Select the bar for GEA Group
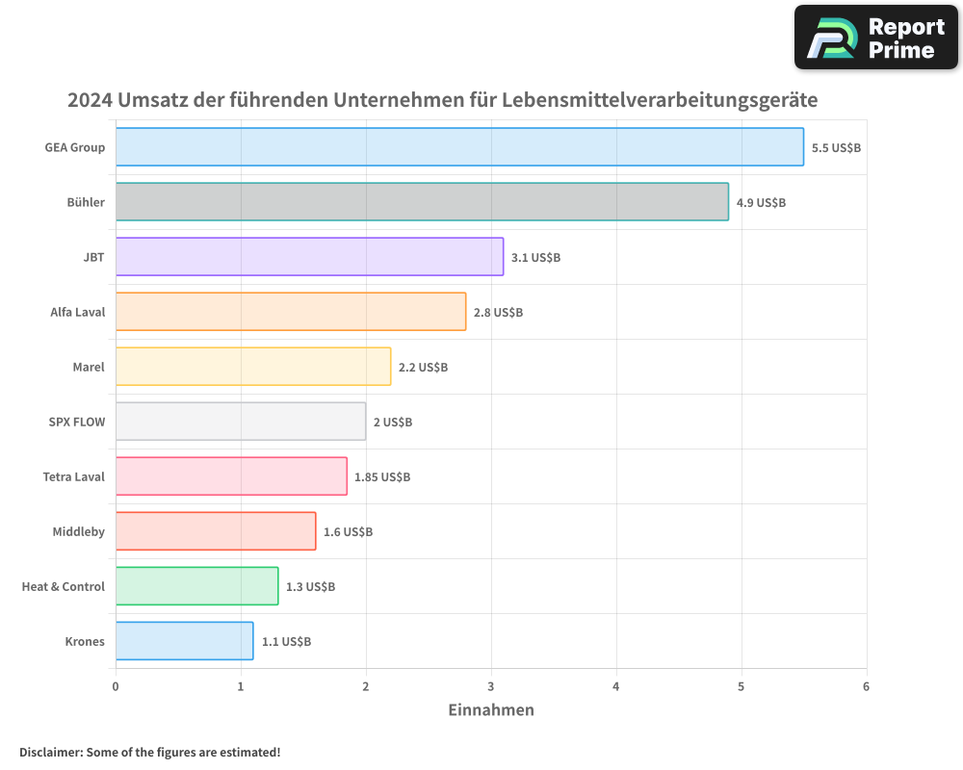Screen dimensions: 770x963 (459, 147)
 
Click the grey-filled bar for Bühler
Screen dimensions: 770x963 (422, 202)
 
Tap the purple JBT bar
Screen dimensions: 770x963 (309, 257)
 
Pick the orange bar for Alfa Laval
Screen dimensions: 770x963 (291, 312)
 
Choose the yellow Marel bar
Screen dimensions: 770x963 (253, 367)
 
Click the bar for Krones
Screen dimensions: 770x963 (184, 641)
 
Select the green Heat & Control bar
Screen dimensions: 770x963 (196, 586)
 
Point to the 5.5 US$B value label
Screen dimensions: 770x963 (836, 148)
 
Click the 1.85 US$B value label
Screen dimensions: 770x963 (382, 477)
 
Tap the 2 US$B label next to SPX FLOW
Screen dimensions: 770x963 (392, 423)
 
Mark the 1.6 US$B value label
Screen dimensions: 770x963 (348, 532)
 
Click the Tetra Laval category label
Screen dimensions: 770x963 (74, 476)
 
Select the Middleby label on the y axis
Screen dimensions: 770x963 (79, 531)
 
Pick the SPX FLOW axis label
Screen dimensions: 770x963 (77, 422)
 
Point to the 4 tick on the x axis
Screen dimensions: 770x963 (616, 686)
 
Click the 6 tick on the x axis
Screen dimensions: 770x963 (866, 686)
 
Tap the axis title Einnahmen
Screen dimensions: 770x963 (491, 710)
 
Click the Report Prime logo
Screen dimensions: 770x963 (875, 38)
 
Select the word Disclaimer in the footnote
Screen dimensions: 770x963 (50, 752)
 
